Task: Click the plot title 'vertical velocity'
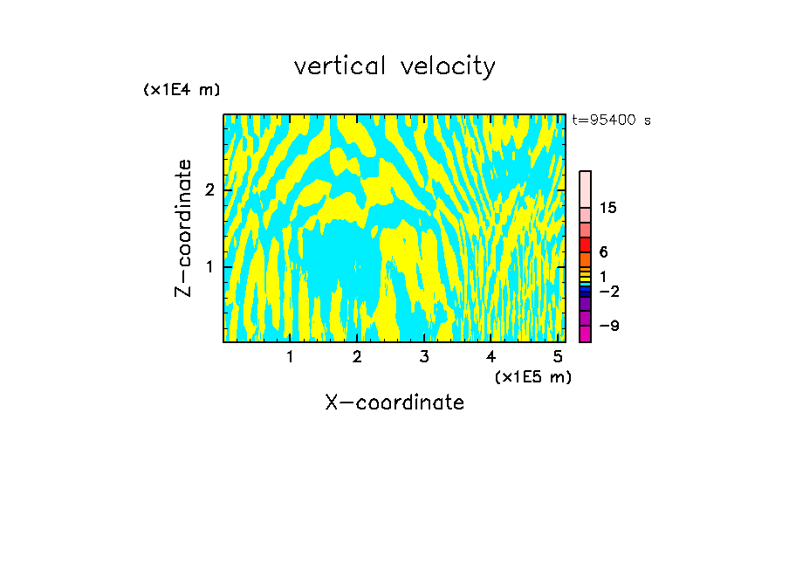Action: point(394,66)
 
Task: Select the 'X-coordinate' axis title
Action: point(394,402)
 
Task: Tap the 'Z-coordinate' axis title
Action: point(183,228)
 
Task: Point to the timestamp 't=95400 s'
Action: point(611,120)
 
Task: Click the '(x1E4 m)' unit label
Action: point(182,90)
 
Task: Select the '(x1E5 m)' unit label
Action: point(532,376)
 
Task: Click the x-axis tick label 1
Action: point(291,356)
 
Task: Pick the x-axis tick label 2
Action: point(357,356)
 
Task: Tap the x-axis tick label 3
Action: point(424,356)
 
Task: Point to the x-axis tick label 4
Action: point(491,356)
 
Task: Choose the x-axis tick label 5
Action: point(557,356)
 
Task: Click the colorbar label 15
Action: point(608,208)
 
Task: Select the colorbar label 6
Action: point(603,252)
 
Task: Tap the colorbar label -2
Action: point(608,290)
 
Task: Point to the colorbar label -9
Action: point(608,326)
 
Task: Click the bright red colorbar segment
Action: point(586,244)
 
